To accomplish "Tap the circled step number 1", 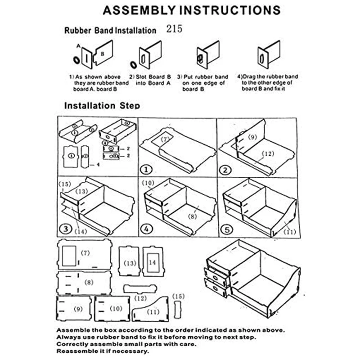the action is (145, 170).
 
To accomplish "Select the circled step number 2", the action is (225, 170).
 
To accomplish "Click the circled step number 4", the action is (145, 229).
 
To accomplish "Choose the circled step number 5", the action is (225, 229).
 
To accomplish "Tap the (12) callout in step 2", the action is (267, 154).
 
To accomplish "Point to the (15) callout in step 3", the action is (65, 184).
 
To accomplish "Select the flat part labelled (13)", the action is (130, 261).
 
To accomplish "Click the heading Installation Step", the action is (102, 106).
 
